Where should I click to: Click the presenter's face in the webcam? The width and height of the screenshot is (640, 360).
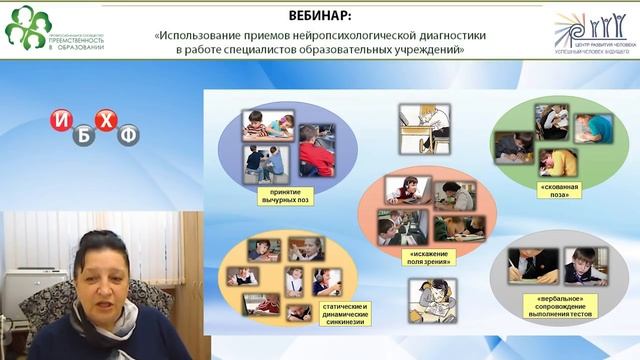click(x=103, y=269)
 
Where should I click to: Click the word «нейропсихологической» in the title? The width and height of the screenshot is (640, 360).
click(x=354, y=33)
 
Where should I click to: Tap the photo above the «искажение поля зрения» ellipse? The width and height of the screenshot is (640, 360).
click(x=427, y=128)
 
